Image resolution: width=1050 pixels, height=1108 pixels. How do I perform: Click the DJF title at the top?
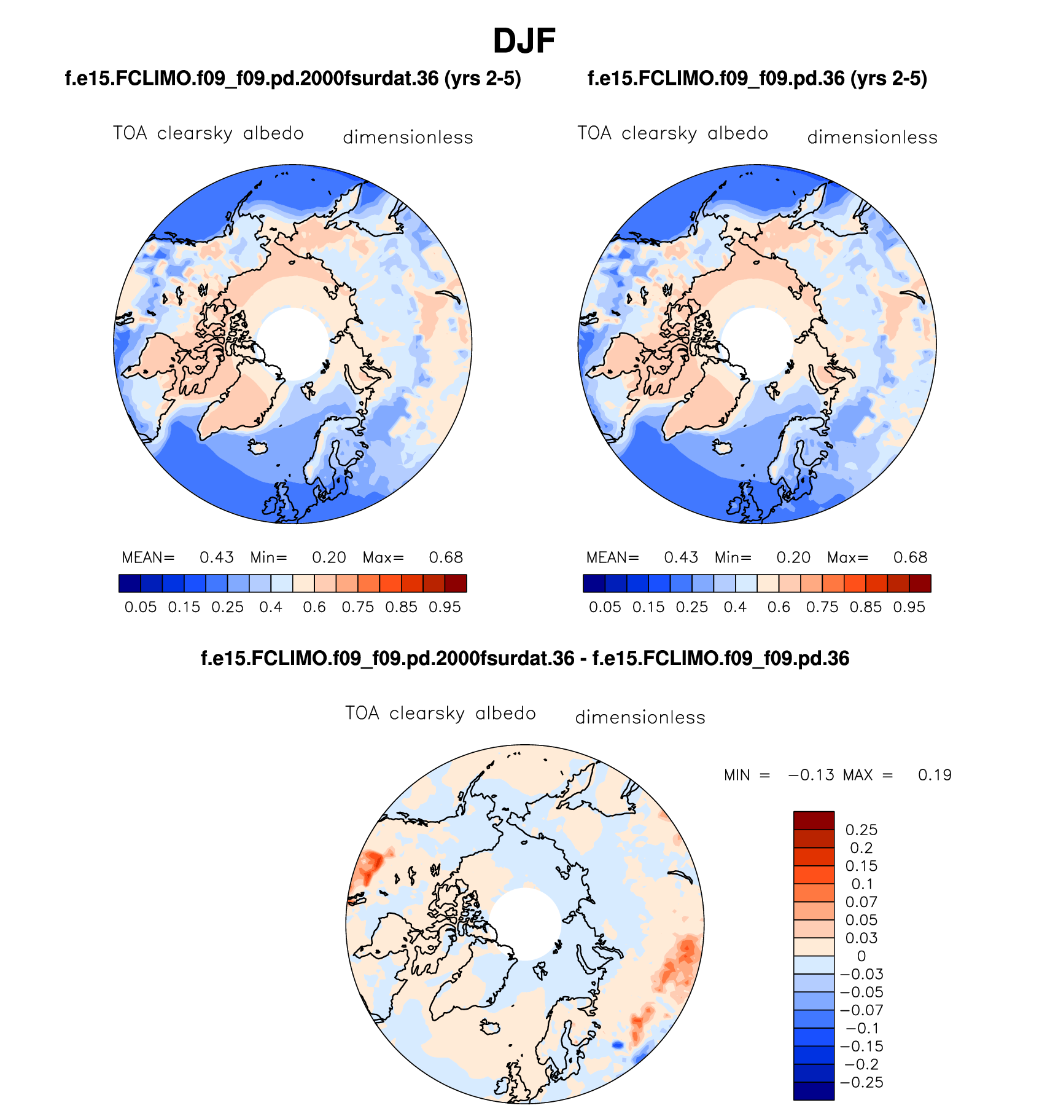pyautogui.click(x=524, y=41)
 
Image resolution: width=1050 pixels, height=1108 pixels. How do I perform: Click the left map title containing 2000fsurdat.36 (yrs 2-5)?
pyautogui.click(x=293, y=79)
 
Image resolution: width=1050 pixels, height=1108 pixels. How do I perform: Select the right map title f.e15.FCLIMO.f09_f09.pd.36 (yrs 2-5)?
pyautogui.click(x=757, y=79)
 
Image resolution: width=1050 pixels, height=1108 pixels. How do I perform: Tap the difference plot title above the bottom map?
pyautogui.click(x=525, y=659)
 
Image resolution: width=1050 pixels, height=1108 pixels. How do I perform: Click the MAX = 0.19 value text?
pyautogui.click(x=897, y=775)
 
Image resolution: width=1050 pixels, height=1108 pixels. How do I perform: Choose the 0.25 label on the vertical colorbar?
pyautogui.click(x=861, y=830)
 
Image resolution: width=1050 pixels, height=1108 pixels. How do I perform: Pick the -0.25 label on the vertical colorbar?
pyautogui.click(x=861, y=1082)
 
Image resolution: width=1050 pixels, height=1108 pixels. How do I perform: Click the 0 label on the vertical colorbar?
pyautogui.click(x=861, y=956)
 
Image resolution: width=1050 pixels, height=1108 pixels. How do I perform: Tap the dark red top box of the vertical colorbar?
pyautogui.click(x=814, y=820)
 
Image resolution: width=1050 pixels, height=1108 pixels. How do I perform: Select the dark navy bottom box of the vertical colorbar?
pyautogui.click(x=814, y=1091)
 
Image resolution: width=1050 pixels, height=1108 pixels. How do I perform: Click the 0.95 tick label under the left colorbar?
pyautogui.click(x=445, y=607)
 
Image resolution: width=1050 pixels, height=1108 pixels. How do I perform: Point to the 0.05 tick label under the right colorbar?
pyautogui.click(x=605, y=607)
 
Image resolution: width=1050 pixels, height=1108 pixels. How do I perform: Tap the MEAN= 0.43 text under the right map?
pyautogui.click(x=642, y=557)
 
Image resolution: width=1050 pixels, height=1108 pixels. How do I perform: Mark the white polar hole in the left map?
pyautogui.click(x=292, y=343)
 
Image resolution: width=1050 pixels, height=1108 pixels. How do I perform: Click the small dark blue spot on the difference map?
pyautogui.click(x=618, y=1045)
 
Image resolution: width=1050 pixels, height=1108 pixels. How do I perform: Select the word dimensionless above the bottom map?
pyautogui.click(x=640, y=717)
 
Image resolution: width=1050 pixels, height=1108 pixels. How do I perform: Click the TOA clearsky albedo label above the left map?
pyautogui.click(x=208, y=133)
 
